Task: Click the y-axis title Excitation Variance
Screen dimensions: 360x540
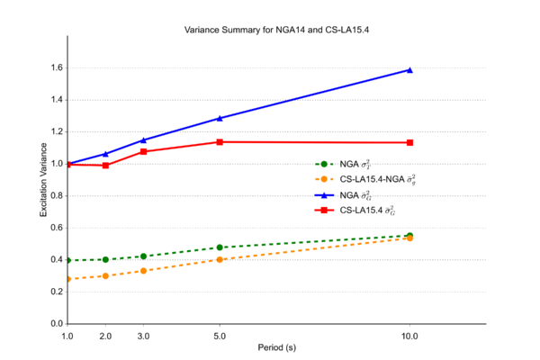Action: [x=42, y=180]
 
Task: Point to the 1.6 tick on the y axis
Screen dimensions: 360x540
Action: [x=56, y=67]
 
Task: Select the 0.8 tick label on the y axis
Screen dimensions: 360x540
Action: [x=56, y=195]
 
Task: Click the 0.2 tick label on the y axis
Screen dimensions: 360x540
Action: [x=56, y=292]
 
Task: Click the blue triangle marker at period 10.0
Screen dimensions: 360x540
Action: [x=409, y=69]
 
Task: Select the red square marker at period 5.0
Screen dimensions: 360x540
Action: [x=220, y=141]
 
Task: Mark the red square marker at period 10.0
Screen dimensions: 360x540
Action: [x=409, y=142]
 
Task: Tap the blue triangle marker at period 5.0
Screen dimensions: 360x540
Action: [x=220, y=118]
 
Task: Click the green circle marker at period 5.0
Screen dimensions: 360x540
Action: [x=220, y=247]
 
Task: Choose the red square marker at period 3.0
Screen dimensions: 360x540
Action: [x=144, y=151]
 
